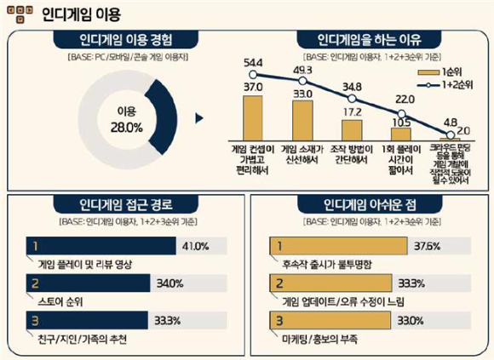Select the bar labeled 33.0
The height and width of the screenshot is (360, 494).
coord(303,120)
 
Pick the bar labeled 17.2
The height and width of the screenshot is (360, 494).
coord(352,129)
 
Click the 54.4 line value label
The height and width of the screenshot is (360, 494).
coord(252,63)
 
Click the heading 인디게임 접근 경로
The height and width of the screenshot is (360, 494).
coord(123,205)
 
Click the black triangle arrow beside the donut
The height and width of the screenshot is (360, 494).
coord(200,118)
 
